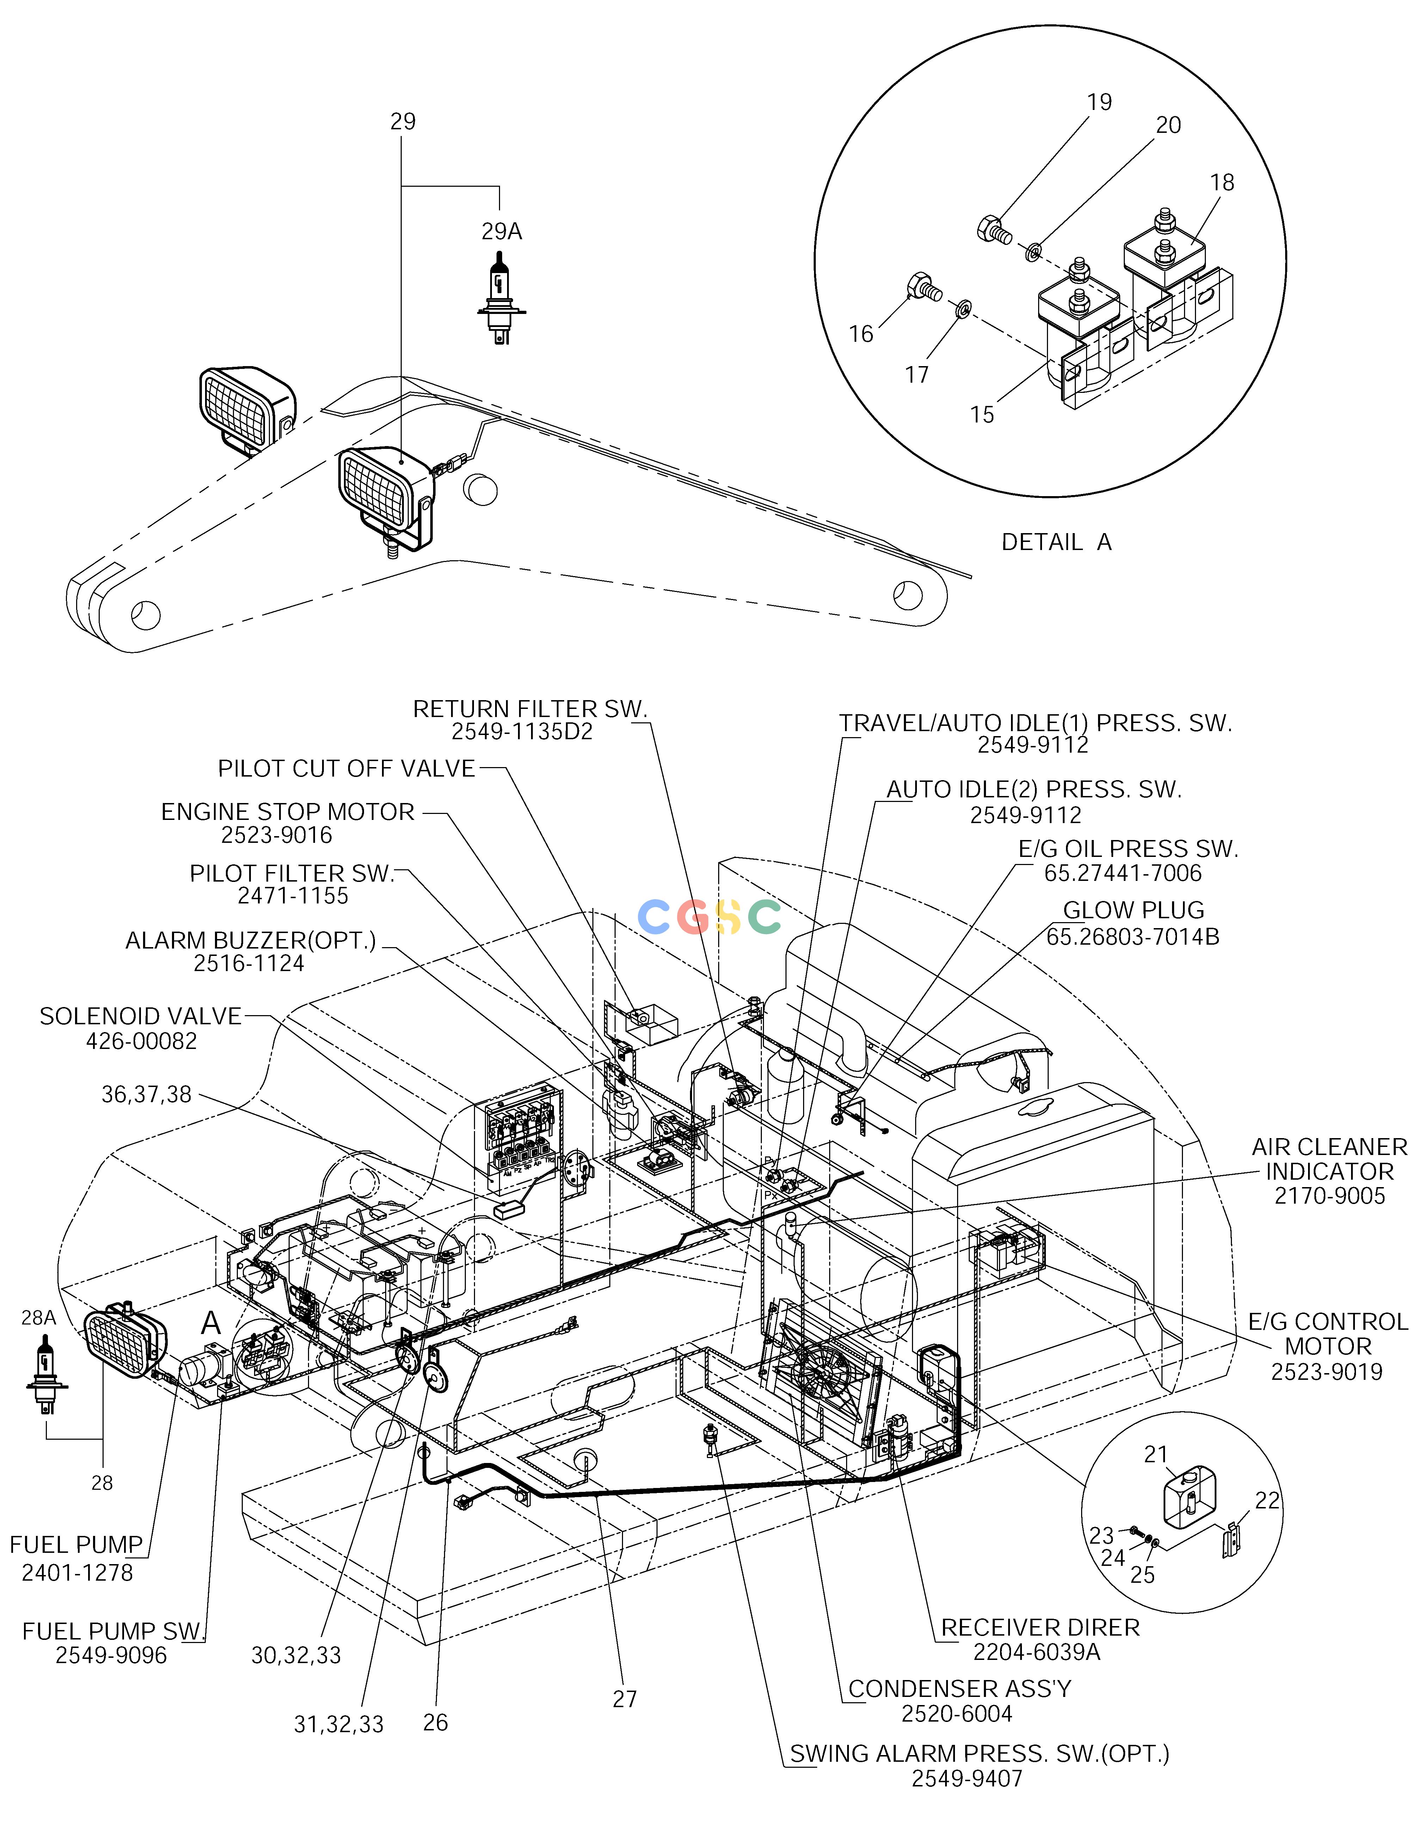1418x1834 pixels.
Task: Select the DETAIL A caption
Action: (1056, 543)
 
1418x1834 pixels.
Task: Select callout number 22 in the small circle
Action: (1268, 1500)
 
